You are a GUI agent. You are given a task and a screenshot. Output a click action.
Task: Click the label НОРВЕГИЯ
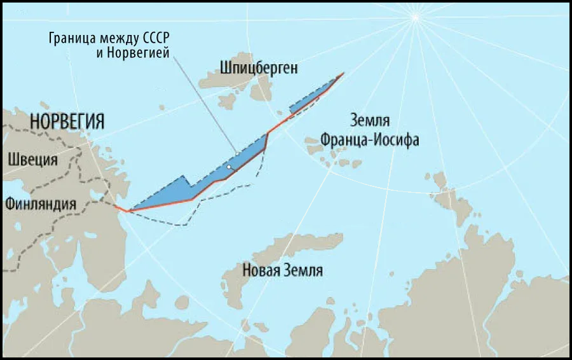tap(66, 121)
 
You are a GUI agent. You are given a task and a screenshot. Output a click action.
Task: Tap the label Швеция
tap(32, 159)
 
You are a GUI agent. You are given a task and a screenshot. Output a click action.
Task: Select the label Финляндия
tap(40, 204)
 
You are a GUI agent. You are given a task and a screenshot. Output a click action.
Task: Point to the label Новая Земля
tap(282, 270)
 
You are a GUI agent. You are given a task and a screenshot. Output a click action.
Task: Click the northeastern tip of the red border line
tap(344, 73)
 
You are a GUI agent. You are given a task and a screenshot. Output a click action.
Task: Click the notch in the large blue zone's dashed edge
tap(186, 177)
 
